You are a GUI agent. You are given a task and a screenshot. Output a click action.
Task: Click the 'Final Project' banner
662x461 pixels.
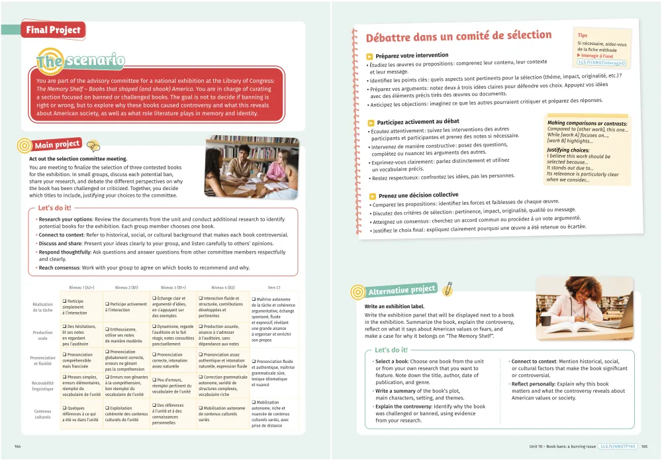point(52,30)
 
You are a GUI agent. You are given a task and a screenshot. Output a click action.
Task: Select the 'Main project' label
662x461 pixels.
point(57,144)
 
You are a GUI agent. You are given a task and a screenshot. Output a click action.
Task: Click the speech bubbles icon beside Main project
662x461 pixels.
point(93,146)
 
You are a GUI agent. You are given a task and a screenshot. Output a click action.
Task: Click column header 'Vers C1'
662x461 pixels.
point(274,287)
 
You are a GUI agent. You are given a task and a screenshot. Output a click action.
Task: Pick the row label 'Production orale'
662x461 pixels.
point(43,335)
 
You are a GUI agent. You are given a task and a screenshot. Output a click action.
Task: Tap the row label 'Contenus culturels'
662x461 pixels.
point(43,414)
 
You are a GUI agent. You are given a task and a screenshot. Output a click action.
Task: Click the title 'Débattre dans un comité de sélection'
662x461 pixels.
point(449,36)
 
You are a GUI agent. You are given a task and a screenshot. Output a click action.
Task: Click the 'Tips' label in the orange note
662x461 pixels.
point(582,35)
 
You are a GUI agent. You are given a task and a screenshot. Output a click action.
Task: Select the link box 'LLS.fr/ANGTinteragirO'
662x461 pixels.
point(601,63)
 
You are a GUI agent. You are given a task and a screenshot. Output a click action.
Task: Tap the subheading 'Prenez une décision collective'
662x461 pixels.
point(418,195)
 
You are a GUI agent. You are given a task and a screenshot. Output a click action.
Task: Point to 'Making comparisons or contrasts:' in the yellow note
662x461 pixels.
point(587,123)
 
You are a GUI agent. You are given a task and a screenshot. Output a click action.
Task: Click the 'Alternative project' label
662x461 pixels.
point(402,289)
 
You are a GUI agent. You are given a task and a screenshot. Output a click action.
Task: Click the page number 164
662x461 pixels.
point(18,446)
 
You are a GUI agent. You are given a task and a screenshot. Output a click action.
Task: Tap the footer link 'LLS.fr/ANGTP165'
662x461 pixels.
point(616,446)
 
